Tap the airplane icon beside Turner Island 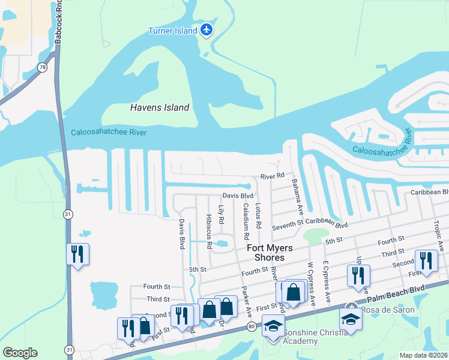click(206, 29)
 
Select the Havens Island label click(160, 107)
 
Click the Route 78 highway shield click(43, 68)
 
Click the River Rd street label click(271, 176)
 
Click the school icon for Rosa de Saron click(351, 319)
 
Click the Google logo click(20, 353)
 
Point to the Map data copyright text click(424, 355)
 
